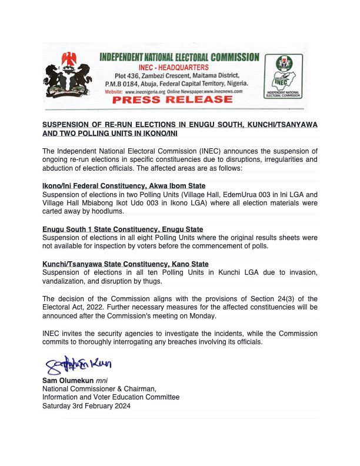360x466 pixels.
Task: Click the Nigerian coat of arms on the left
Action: pos(67,75)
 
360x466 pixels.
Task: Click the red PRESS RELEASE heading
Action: pos(172,100)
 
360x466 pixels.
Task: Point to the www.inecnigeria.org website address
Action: pos(146,92)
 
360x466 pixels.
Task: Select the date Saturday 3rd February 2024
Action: pos(86,406)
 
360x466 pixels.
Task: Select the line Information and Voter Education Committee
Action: pos(111,397)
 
